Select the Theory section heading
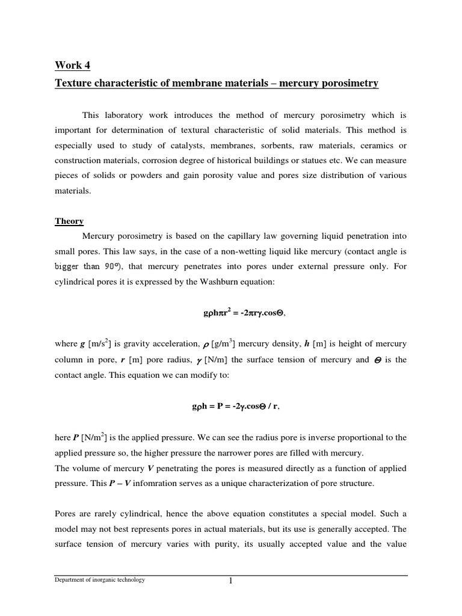click(x=69, y=221)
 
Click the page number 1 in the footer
click(x=230, y=581)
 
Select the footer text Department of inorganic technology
click(x=100, y=580)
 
